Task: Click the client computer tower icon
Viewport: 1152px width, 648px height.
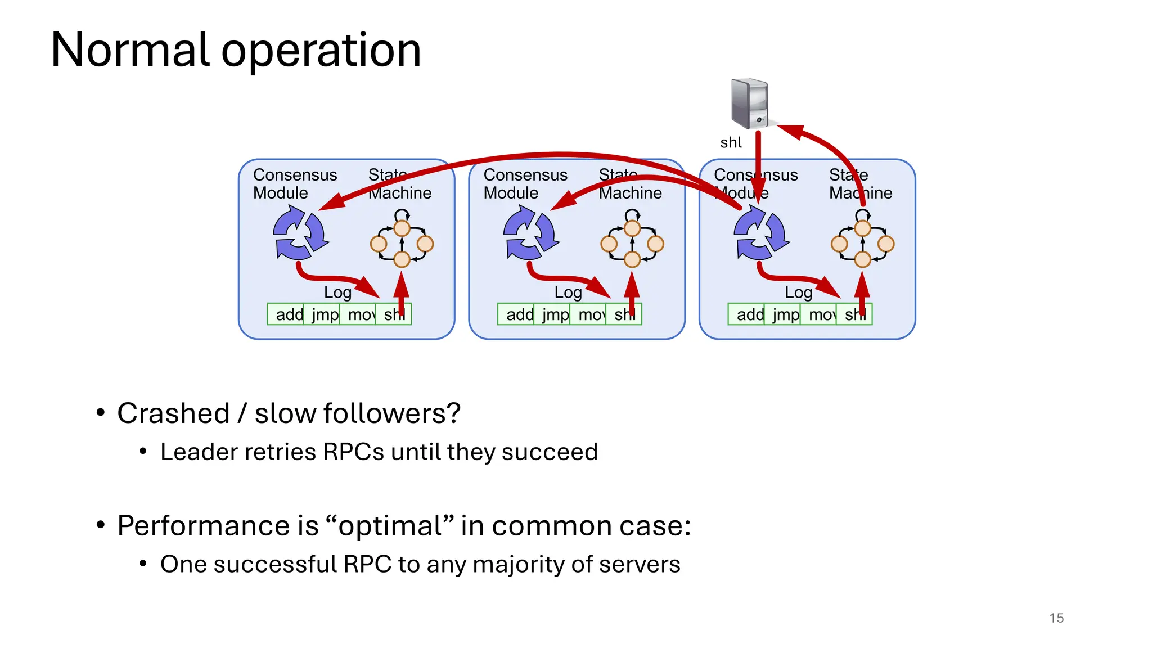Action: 750,104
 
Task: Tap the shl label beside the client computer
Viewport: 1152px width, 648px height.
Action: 731,143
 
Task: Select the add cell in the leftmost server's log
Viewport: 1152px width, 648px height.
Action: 288,314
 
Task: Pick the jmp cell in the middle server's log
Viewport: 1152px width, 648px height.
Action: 555,314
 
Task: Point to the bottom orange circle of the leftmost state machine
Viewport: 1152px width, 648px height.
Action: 402,259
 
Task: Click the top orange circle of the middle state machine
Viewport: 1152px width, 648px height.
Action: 632,228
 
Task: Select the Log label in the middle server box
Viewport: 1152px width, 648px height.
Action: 568,292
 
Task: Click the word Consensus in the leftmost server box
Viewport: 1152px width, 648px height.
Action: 295,175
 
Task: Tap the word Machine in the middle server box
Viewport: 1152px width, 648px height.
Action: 630,193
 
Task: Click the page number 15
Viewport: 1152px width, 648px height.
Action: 1056,618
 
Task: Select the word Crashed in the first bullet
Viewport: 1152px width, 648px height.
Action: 173,413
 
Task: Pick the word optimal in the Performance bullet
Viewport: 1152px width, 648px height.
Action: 389,526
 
